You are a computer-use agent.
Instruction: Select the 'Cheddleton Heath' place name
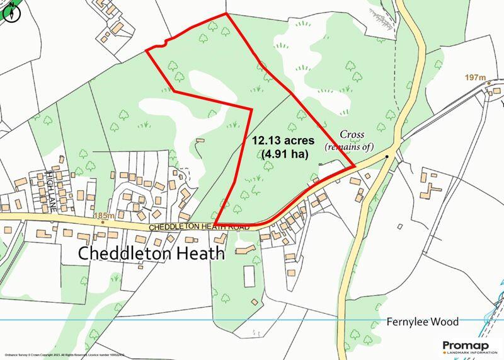pyautogui.click(x=151, y=253)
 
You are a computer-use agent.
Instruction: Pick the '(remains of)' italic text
pyautogui.click(x=349, y=146)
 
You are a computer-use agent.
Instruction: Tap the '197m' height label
pyautogui.click(x=477, y=78)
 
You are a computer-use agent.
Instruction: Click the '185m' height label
pyautogui.click(x=104, y=216)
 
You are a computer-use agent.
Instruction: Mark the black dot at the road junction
pyautogui.click(x=387, y=153)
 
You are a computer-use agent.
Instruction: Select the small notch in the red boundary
pyautogui.click(x=164, y=44)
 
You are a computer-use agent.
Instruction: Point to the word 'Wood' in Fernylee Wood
pyautogui.click(x=445, y=321)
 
